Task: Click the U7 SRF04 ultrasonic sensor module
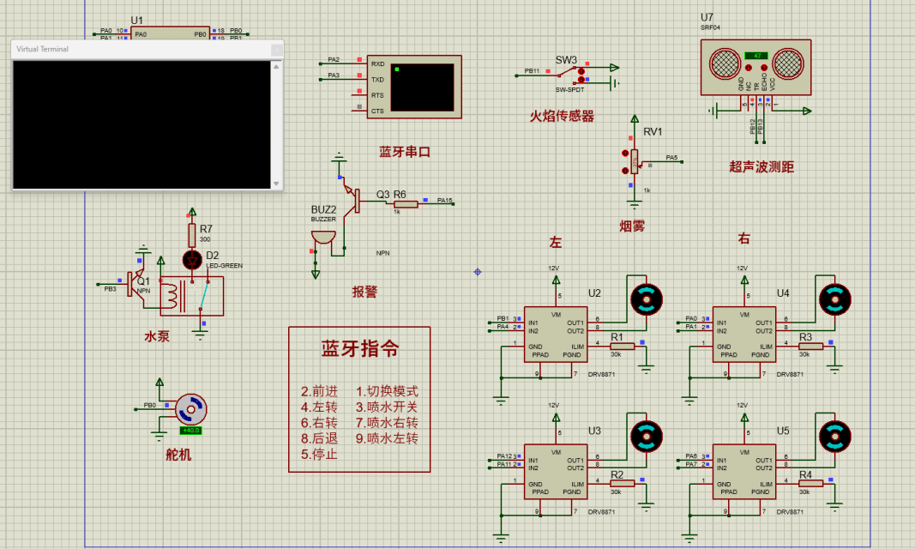point(755,64)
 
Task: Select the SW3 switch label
point(566,60)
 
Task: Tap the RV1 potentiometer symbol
point(634,160)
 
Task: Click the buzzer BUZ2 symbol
point(322,237)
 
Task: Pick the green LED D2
point(192,258)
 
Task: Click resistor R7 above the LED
point(192,234)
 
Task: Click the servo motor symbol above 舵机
point(190,409)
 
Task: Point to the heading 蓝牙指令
point(359,349)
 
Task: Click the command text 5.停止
point(319,454)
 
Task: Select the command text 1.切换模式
point(387,391)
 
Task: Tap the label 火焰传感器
point(562,117)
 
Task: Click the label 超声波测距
point(761,167)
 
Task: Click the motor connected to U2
point(647,299)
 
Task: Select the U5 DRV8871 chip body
point(744,469)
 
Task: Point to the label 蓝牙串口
point(405,152)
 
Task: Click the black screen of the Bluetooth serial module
point(422,87)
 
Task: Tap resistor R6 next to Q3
point(405,204)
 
